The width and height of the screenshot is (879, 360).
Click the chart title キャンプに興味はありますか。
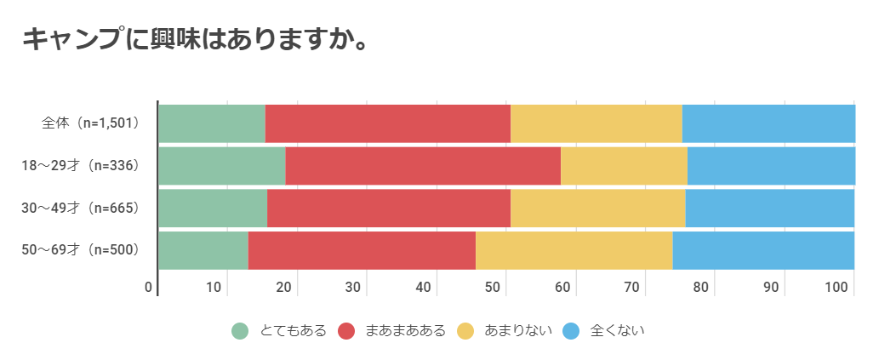tap(194, 39)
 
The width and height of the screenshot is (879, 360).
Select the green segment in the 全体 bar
tap(212, 123)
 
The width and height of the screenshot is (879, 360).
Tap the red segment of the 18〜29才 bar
tap(423, 165)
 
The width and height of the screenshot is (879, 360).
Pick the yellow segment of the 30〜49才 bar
tap(597, 208)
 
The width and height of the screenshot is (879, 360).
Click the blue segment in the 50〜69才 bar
tap(763, 249)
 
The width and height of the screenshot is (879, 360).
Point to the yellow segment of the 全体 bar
tap(596, 123)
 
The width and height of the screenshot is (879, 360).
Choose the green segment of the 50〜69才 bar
tap(203, 249)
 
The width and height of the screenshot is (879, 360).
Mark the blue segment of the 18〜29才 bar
tap(771, 165)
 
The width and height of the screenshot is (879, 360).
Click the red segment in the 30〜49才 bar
tap(388, 208)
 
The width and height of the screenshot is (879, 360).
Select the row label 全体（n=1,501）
tap(91, 123)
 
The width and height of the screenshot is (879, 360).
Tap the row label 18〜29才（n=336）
tap(80, 165)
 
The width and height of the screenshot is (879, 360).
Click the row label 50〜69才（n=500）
tap(80, 249)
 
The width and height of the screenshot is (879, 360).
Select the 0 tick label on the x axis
tap(149, 287)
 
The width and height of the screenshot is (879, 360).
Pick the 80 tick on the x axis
tap(701, 287)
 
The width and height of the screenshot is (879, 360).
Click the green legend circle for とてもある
tap(240, 331)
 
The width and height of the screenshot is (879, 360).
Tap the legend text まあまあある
tap(404, 331)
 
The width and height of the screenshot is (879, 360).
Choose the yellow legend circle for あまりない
tap(465, 331)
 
